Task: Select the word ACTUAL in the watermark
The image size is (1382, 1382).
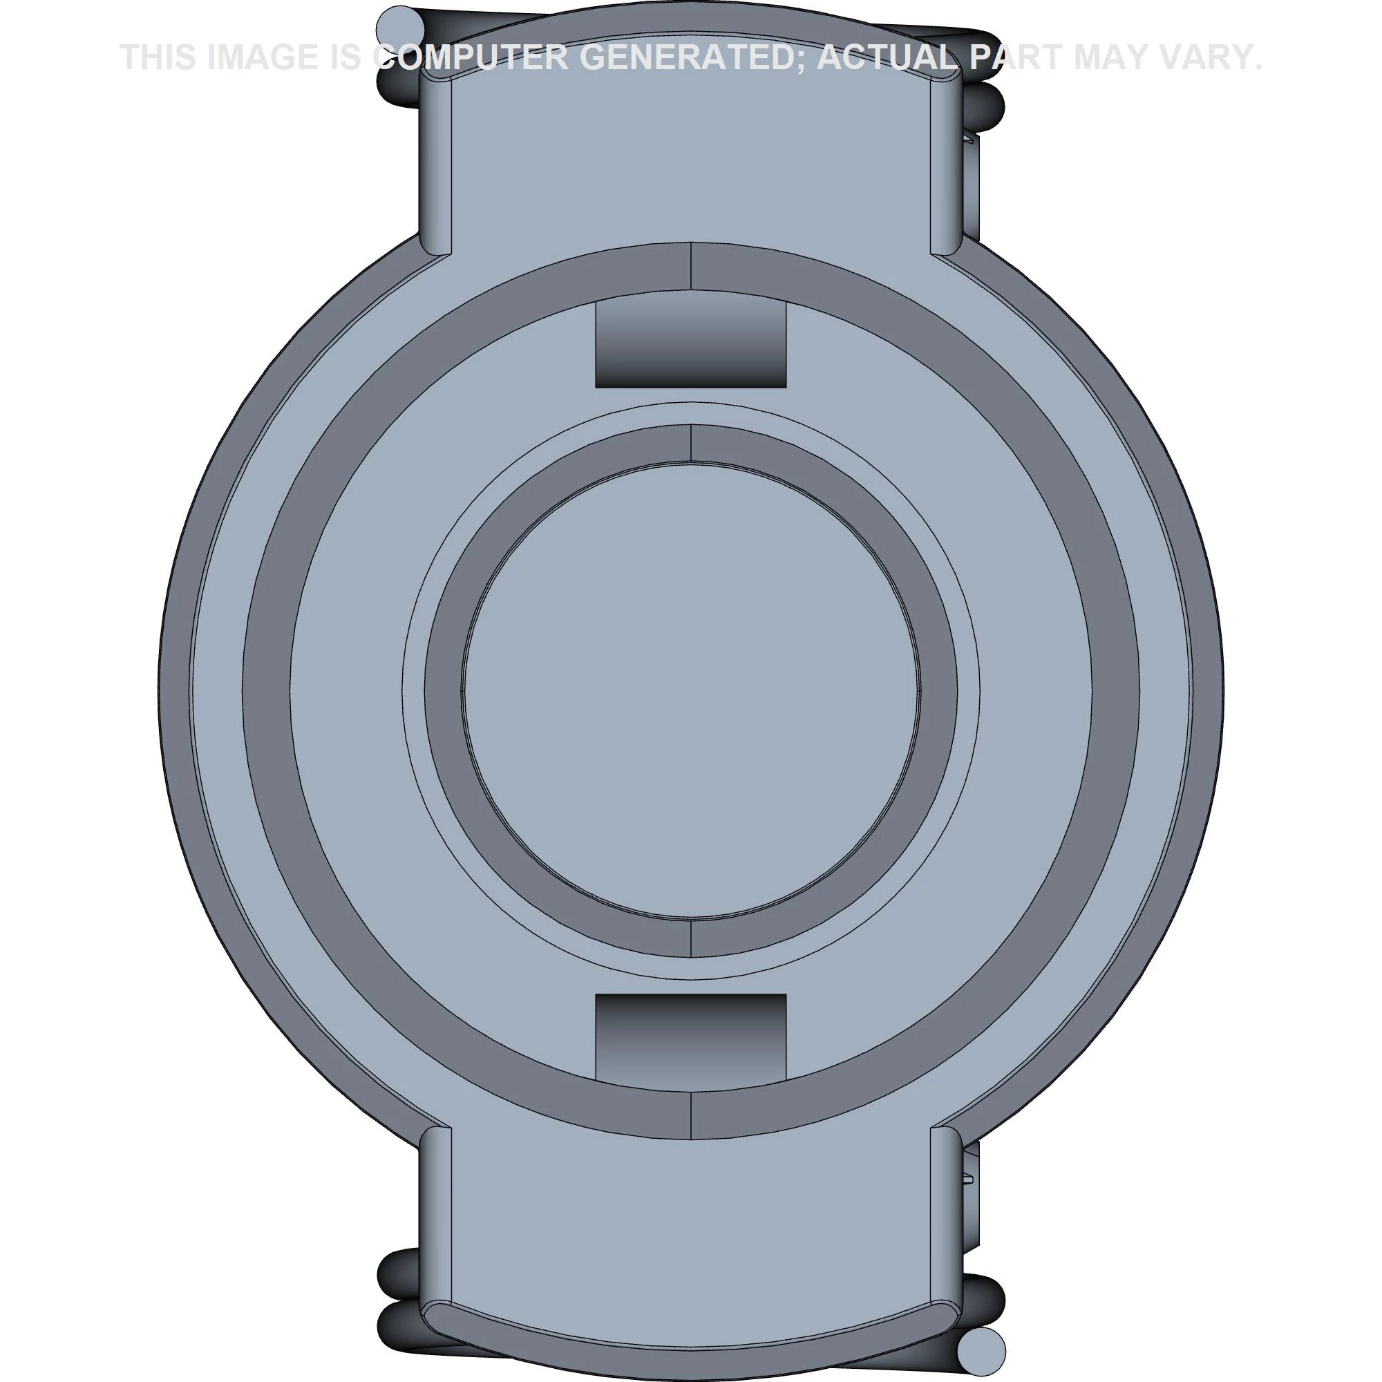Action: pos(887,57)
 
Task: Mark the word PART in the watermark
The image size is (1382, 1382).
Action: pos(1016,57)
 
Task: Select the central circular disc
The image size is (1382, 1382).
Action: pos(690,691)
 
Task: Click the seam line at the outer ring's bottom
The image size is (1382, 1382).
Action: pos(691,1115)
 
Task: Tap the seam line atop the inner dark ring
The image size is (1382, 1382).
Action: pos(691,442)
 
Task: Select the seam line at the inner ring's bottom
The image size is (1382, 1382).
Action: pos(691,938)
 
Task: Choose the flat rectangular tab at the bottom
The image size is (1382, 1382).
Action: pos(690,1231)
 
